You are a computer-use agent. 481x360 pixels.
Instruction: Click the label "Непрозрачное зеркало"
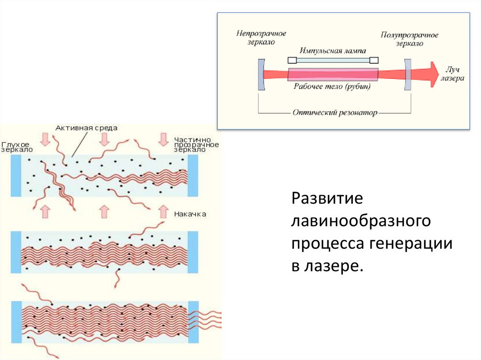click(x=261, y=38)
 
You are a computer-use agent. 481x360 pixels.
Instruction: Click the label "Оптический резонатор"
click(x=334, y=113)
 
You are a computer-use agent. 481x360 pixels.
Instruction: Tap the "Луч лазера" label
click(x=452, y=74)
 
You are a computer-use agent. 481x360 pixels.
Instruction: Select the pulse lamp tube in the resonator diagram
click(x=333, y=60)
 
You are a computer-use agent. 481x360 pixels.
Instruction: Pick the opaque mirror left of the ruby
click(x=261, y=74)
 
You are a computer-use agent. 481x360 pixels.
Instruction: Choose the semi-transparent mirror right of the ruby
click(x=407, y=74)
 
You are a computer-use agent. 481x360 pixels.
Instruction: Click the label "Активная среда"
click(x=86, y=128)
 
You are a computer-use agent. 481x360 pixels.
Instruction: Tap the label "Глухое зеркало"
click(x=17, y=146)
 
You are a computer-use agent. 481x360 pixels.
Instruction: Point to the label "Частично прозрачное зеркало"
click(x=196, y=145)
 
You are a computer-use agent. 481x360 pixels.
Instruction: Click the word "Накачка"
click(x=190, y=214)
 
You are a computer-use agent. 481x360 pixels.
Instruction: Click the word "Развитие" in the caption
click(x=327, y=198)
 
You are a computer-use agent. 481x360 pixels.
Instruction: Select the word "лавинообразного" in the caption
click(x=361, y=221)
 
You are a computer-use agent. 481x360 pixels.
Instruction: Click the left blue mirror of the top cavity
click(x=16, y=176)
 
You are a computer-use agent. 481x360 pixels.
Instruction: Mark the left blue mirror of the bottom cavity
click(x=16, y=322)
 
